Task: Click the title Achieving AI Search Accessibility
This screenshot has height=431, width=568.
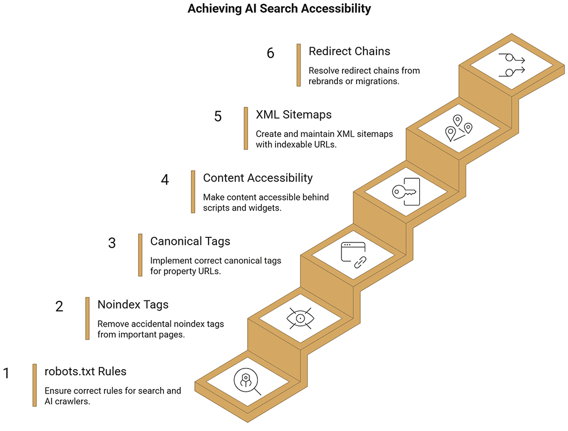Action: (x=279, y=9)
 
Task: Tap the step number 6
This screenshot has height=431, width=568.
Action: (x=270, y=53)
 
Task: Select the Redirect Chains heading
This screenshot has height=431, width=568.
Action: (x=349, y=51)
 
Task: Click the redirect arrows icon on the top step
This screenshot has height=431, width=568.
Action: (x=512, y=65)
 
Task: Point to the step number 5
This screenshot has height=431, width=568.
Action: (x=218, y=116)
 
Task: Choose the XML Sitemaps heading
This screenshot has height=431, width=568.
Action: (x=294, y=115)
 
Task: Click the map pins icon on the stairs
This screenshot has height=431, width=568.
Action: (x=458, y=128)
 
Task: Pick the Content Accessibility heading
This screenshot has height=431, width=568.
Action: (x=257, y=178)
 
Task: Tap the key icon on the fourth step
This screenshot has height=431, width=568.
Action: (x=406, y=191)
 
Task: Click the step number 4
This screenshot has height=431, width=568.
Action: (x=165, y=179)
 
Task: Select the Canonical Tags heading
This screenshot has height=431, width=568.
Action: (x=190, y=241)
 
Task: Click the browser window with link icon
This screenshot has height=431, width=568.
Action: (x=353, y=255)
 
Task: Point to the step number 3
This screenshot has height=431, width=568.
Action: (x=112, y=243)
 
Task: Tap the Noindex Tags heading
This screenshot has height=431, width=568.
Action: (x=133, y=304)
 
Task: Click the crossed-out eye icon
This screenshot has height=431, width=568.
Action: (x=300, y=319)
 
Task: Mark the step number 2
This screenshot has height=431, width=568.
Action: (x=59, y=307)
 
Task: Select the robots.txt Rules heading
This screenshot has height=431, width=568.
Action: (x=86, y=371)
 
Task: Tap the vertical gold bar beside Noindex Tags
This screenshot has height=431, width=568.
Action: (x=87, y=319)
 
